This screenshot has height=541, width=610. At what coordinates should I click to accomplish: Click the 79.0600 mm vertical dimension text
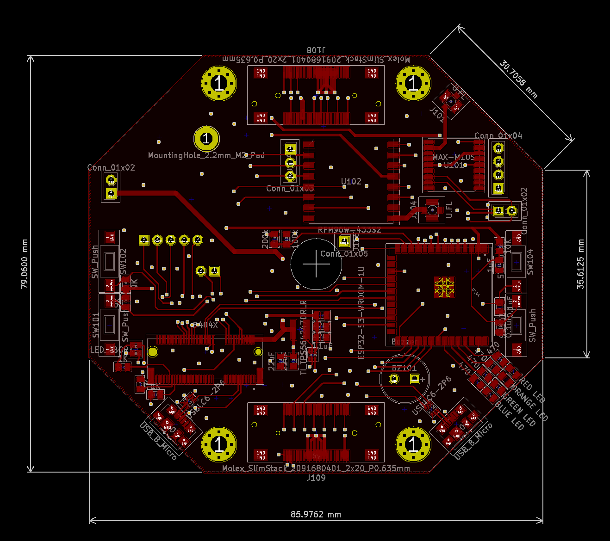[x=25, y=264]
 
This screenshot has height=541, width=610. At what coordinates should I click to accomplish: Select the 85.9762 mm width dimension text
[x=316, y=514]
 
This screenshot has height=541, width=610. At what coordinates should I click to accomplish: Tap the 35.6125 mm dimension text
[x=581, y=264]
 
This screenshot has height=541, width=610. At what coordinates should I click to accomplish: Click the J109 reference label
[x=316, y=478]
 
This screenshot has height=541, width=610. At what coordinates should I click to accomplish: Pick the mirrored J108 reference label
[x=316, y=49]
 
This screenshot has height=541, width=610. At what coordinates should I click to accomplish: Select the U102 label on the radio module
[x=351, y=181]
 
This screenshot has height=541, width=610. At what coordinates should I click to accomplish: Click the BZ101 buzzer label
[x=404, y=368]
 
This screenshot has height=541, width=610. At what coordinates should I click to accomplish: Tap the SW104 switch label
[x=530, y=262]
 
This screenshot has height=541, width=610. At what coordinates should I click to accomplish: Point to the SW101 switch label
[x=96, y=325]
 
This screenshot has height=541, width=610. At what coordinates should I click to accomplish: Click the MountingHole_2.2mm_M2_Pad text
[x=206, y=155]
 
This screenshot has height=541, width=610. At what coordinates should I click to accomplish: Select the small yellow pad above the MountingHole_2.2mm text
[x=206, y=138]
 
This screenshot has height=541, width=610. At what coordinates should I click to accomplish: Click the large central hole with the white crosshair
[x=316, y=264]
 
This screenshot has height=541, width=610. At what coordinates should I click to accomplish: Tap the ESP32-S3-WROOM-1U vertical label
[x=361, y=312]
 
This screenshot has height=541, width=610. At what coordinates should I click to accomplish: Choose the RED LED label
[x=532, y=390]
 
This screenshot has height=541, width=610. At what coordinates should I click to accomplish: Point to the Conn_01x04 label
[x=498, y=135]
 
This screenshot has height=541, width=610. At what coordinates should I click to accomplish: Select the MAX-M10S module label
[x=454, y=157]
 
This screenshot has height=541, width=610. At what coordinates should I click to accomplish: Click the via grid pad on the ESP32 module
[x=444, y=287]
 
